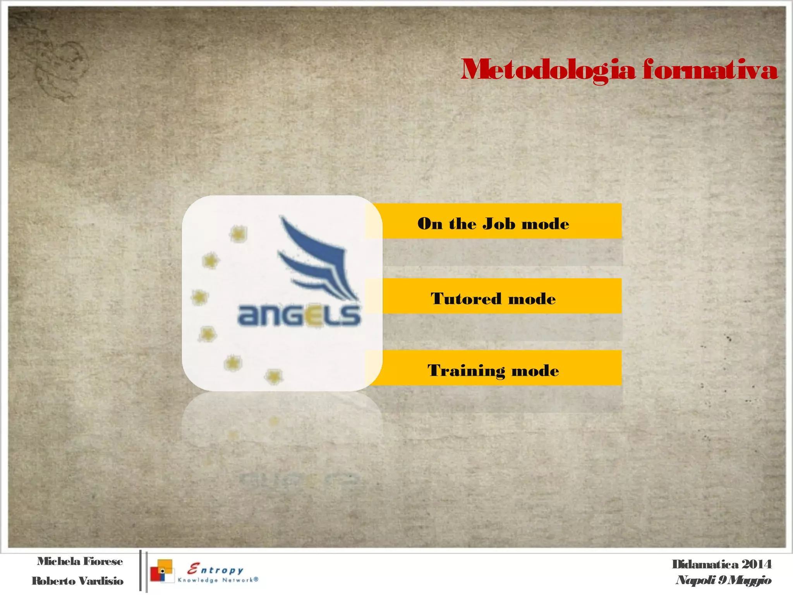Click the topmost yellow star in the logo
click(x=238, y=233)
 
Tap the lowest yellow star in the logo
click(x=274, y=376)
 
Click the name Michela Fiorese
click(x=80, y=561)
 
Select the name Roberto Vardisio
click(x=77, y=581)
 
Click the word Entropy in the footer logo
click(x=215, y=569)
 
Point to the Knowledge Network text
click(x=218, y=580)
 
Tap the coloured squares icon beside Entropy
click(x=162, y=571)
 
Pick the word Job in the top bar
click(x=499, y=224)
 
